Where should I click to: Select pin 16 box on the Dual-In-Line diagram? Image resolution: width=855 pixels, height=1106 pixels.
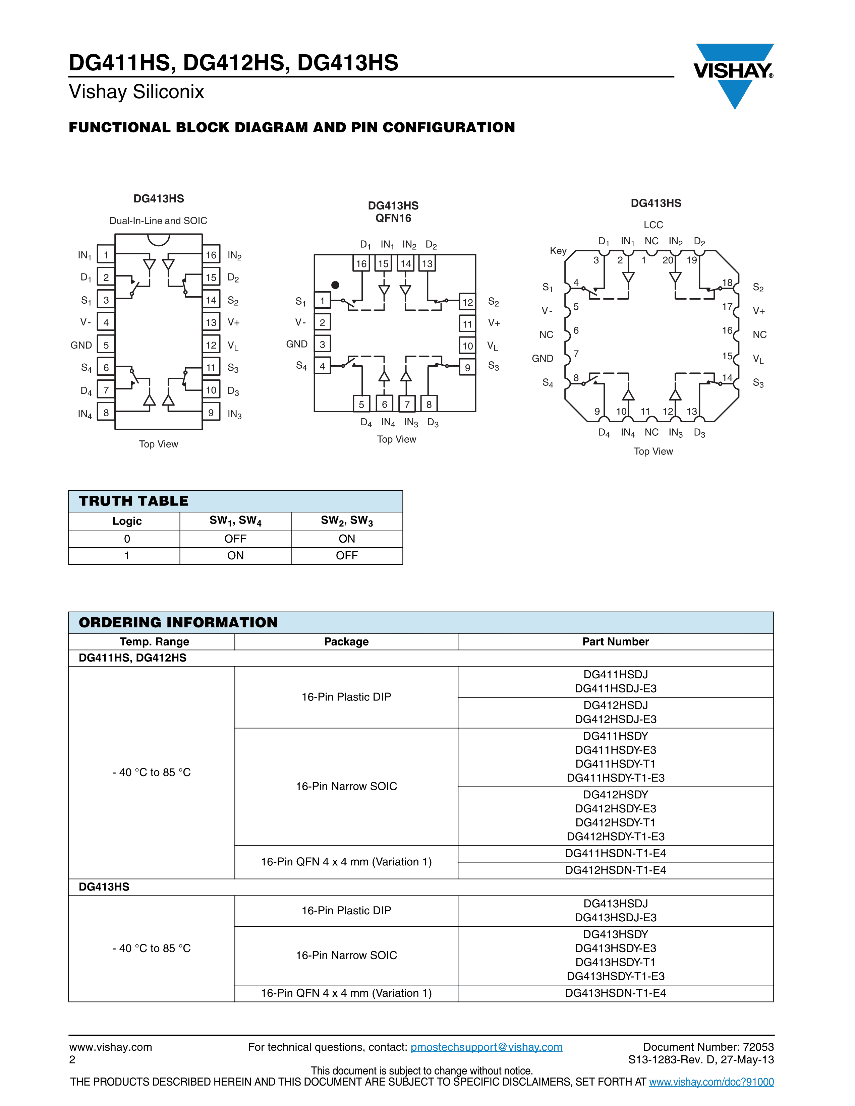point(211,255)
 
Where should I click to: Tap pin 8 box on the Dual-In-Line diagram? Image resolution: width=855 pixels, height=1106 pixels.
point(106,413)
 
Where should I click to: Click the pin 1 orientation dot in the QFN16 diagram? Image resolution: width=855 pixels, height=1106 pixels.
point(335,285)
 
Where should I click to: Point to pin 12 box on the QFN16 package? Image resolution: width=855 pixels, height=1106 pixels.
point(467,302)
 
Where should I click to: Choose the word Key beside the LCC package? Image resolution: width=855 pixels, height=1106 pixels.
point(558,251)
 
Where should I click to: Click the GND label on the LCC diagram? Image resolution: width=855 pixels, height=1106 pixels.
point(543,359)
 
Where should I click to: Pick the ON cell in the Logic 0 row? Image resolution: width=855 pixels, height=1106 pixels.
point(347,539)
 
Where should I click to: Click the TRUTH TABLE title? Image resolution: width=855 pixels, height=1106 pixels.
point(134,501)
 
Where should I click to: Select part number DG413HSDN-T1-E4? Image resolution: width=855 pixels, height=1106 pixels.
point(615,993)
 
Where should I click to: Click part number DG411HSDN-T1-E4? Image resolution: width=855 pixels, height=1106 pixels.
point(615,853)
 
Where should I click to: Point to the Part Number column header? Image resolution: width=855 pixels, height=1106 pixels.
point(615,641)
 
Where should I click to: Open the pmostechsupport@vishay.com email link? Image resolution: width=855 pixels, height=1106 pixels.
point(486,1047)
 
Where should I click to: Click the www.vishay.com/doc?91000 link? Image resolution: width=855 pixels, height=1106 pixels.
point(711,1082)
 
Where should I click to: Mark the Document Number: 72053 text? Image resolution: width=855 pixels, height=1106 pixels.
point(708,1047)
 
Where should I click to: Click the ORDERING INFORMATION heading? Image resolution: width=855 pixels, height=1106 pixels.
point(178,622)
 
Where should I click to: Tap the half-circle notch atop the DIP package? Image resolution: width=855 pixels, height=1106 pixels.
point(159,239)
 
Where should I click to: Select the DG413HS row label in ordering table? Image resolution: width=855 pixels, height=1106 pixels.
point(104,887)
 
